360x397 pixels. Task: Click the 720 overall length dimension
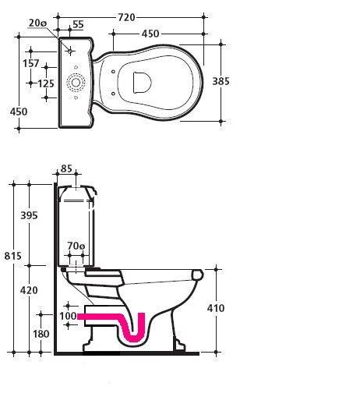click(x=126, y=17)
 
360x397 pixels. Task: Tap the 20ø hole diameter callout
click(x=37, y=23)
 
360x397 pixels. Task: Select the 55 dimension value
click(x=78, y=24)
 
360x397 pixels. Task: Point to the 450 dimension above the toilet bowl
click(x=150, y=34)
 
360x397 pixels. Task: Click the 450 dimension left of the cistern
click(x=19, y=112)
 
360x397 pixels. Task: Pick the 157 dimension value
click(x=31, y=63)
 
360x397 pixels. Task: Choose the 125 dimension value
click(x=46, y=83)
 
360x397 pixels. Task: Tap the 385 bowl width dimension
click(x=221, y=81)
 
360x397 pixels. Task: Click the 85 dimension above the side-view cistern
click(x=66, y=168)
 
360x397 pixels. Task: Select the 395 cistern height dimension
click(x=29, y=215)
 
